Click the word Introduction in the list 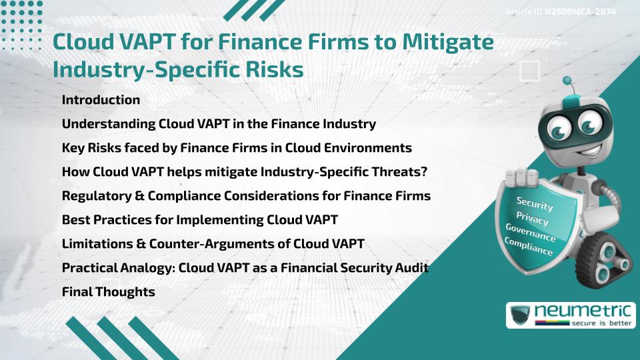(x=101, y=99)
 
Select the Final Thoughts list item (x=109, y=292)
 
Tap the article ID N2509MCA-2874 (x=581, y=12)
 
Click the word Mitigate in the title (x=448, y=42)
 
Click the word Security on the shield (x=535, y=203)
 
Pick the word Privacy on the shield (x=532, y=219)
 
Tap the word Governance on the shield (x=531, y=232)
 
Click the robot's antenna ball (x=567, y=81)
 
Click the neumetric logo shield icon (x=520, y=314)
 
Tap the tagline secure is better (x=601, y=323)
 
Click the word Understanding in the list (x=109, y=124)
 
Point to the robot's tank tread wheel (x=603, y=261)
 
